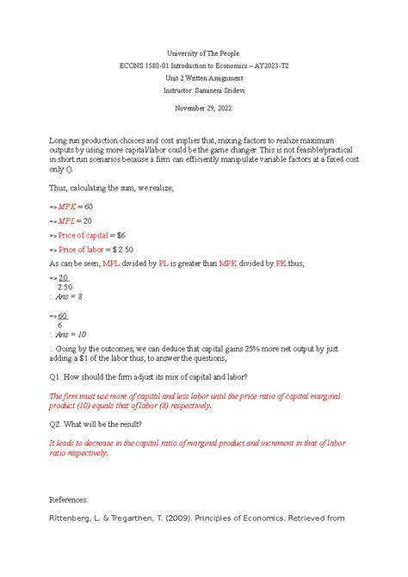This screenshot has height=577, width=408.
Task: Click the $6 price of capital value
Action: (x=121, y=235)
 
